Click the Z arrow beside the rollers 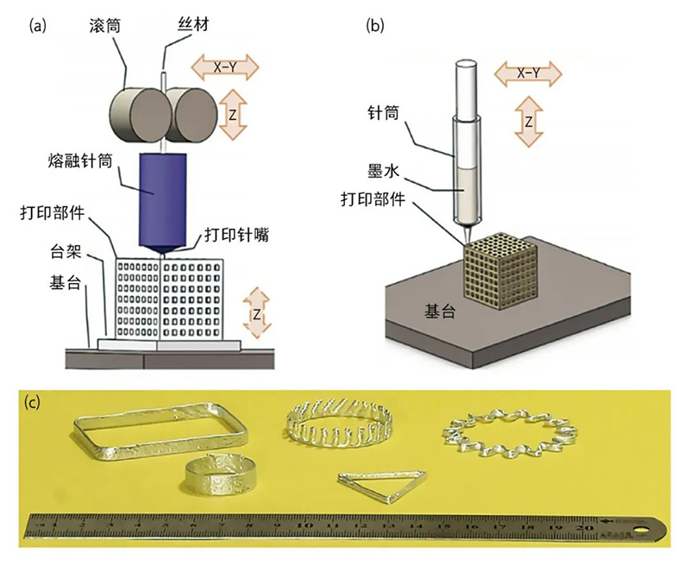pyautogui.click(x=229, y=116)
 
